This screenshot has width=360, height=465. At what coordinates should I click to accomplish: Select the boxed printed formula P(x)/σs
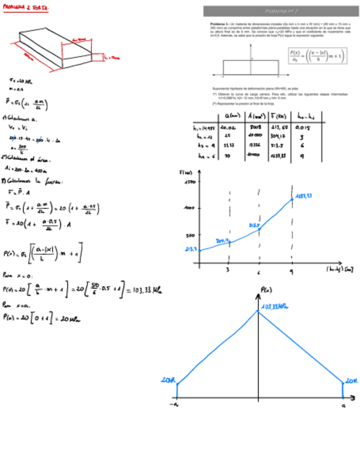tap(317, 56)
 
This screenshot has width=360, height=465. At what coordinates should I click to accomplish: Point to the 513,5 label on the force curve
tap(254, 225)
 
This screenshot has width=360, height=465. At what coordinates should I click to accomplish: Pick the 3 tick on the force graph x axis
tap(228, 270)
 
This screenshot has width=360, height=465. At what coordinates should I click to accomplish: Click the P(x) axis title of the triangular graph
tap(265, 289)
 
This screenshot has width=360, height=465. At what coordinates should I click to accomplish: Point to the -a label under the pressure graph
tap(175, 405)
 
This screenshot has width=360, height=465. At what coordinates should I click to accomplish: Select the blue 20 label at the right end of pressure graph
tap(350, 379)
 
